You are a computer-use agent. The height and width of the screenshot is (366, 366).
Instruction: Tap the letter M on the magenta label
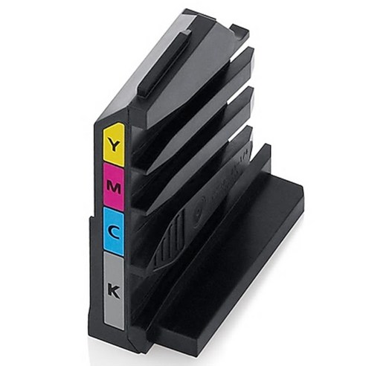(114, 187)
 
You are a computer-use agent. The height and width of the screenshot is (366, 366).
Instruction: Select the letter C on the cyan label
(115, 231)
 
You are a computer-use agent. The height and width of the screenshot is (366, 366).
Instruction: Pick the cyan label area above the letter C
(114, 215)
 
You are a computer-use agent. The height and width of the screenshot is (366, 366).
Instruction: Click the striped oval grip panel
(170, 240)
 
